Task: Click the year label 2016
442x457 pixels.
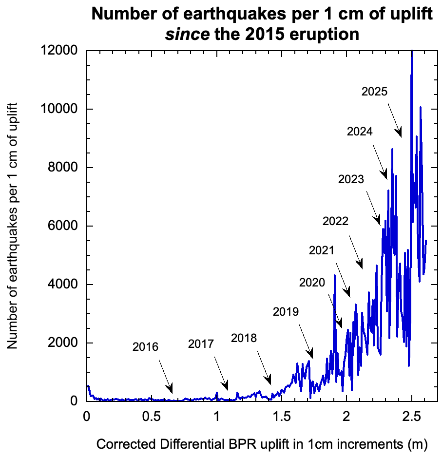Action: click(x=145, y=347)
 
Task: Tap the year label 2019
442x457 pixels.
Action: click(x=286, y=311)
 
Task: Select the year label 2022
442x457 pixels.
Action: click(x=335, y=221)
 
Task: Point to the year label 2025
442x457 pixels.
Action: click(x=375, y=91)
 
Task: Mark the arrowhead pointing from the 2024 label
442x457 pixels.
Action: click(x=385, y=175)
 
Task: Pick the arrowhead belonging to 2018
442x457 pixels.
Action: click(x=269, y=381)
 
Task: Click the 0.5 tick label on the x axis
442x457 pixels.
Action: click(x=152, y=417)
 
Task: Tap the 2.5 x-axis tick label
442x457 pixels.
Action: click(x=412, y=417)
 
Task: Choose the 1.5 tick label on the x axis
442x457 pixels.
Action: click(x=282, y=417)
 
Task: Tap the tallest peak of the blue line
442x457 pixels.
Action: click(x=412, y=52)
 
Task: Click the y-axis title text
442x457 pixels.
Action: click(x=13, y=226)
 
